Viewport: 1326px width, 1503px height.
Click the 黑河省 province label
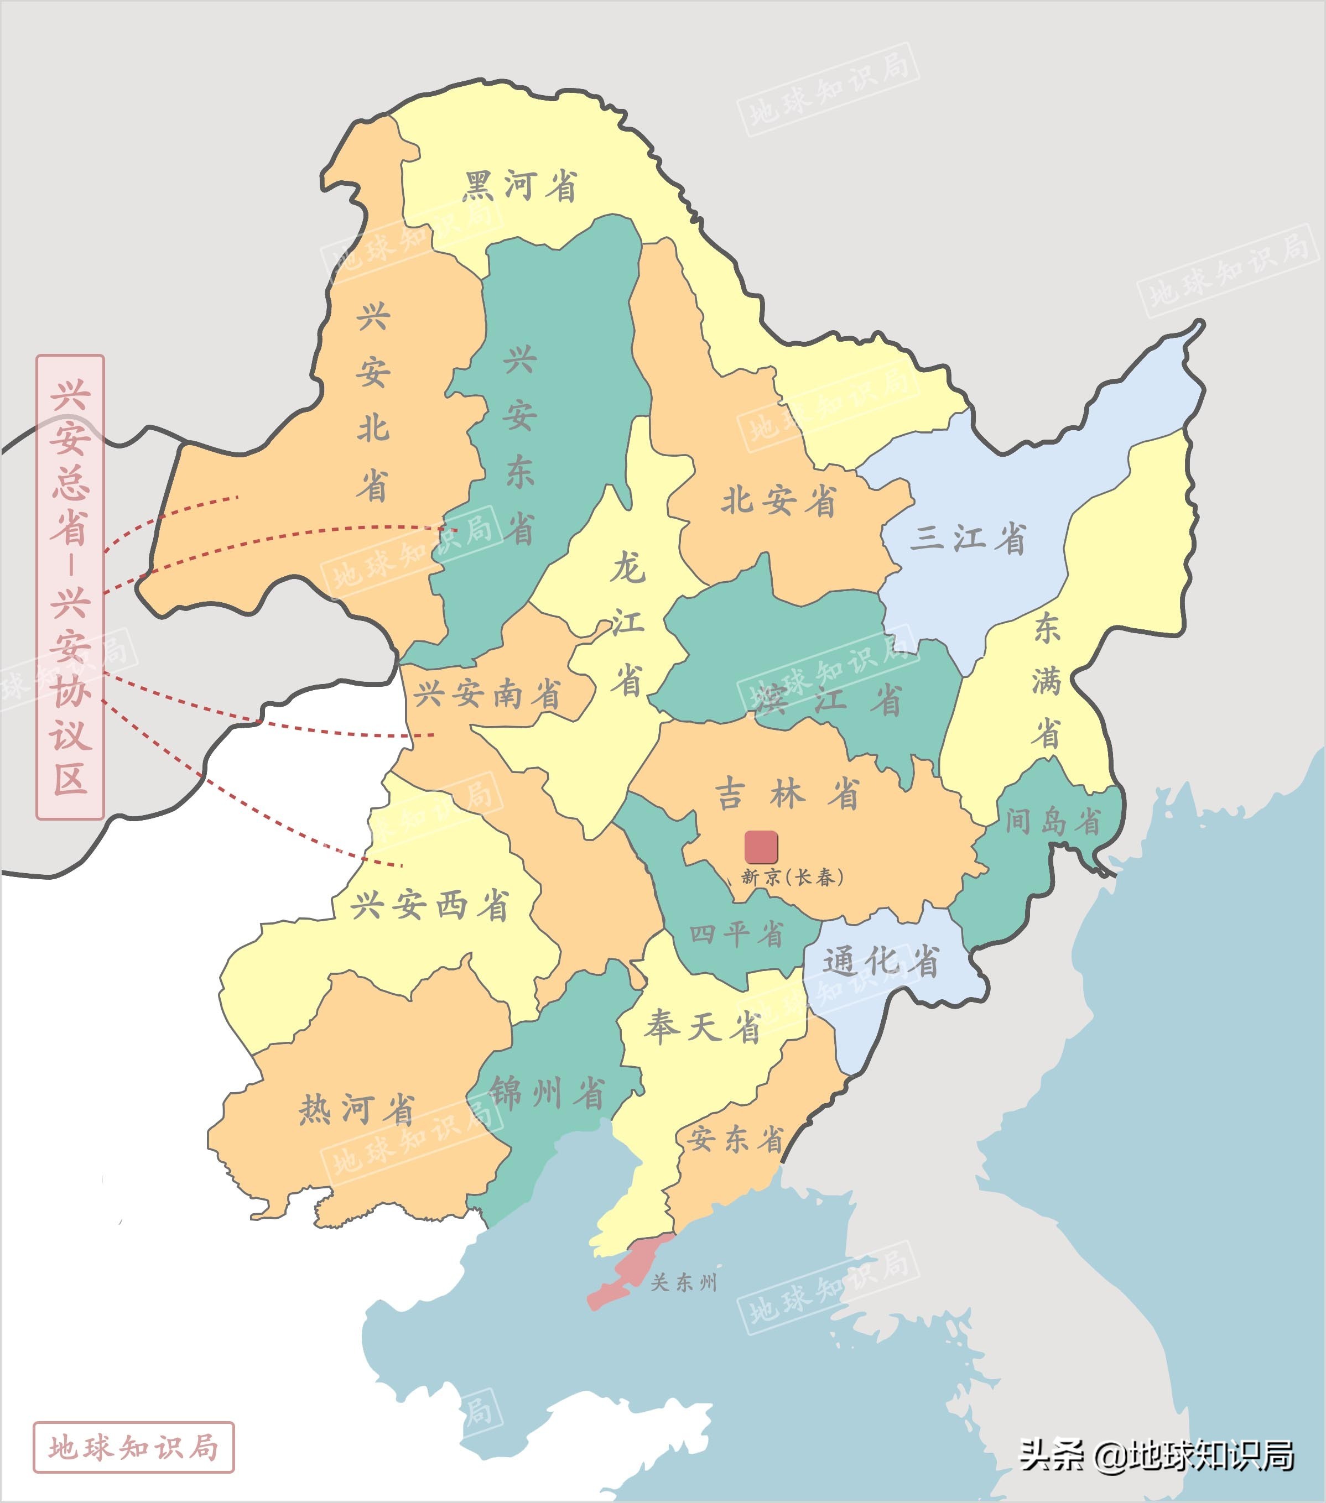[519, 186]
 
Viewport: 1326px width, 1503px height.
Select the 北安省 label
[778, 502]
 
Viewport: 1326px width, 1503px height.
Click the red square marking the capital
[761, 847]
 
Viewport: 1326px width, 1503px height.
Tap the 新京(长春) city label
[792, 877]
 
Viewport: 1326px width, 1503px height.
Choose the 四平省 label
[736, 935]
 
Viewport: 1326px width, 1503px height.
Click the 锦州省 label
[547, 1093]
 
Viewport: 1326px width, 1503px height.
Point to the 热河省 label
[357, 1109]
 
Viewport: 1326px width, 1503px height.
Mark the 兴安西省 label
[429, 905]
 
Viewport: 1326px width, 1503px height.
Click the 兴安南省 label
[487, 694]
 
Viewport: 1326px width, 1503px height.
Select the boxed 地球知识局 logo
[133, 1448]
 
